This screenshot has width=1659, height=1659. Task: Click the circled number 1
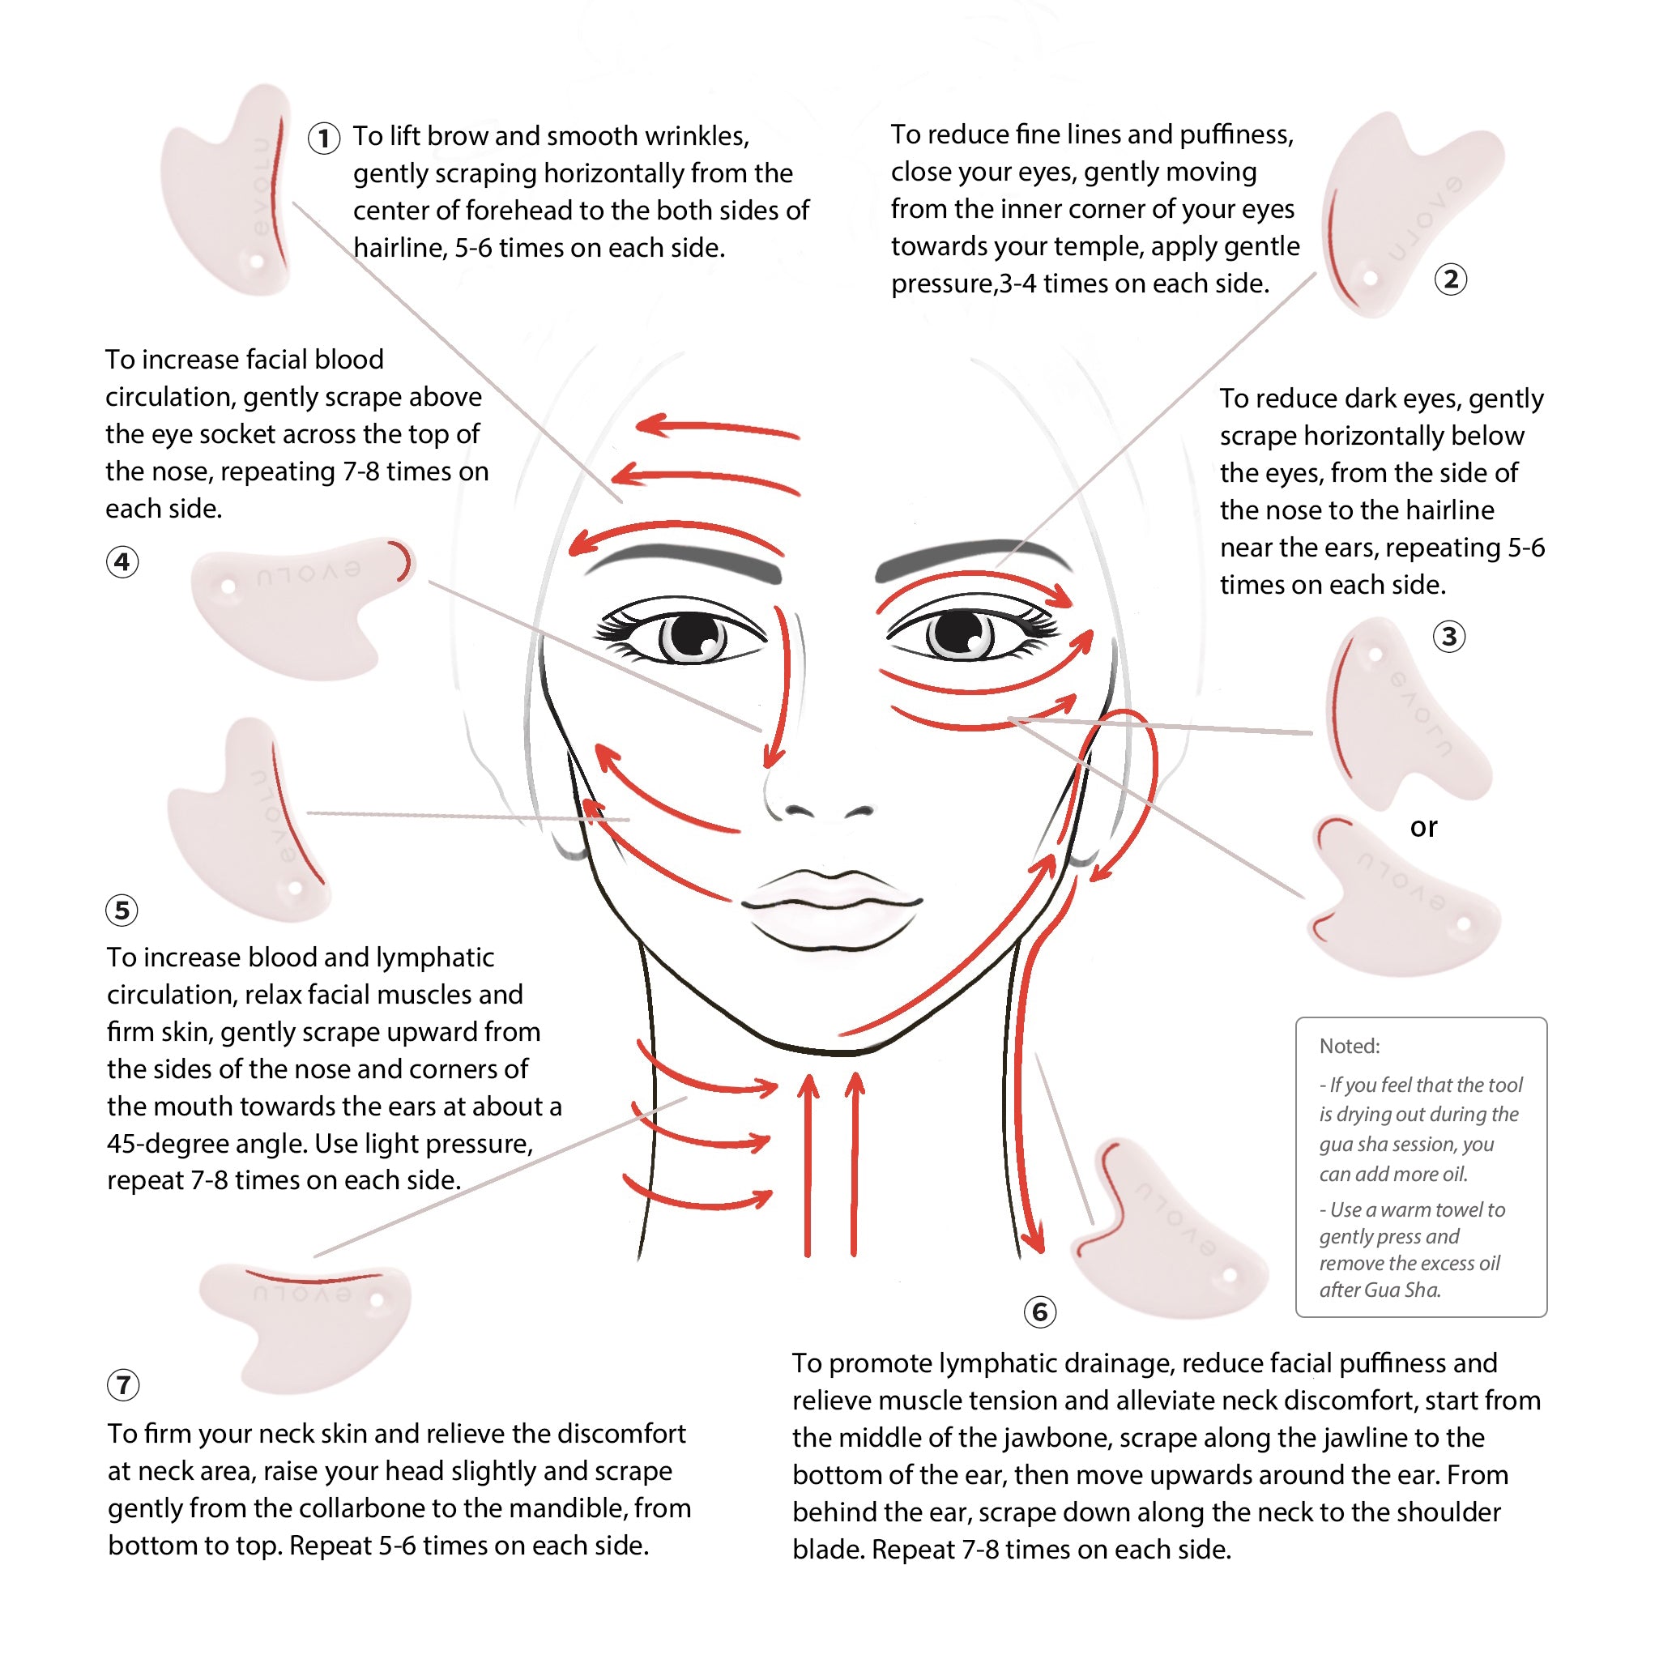[x=324, y=139]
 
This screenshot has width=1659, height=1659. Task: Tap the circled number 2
[x=1450, y=279]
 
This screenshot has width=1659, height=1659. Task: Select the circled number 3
[x=1449, y=636]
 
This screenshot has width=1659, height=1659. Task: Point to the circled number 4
[x=123, y=561]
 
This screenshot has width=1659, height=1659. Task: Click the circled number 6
[x=1040, y=1311]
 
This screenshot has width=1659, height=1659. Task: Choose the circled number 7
[x=124, y=1384]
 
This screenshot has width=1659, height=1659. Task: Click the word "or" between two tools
[x=1422, y=828]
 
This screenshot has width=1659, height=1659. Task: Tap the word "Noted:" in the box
[x=1350, y=1046]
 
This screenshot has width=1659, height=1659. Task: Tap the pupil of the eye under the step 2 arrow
[x=955, y=633]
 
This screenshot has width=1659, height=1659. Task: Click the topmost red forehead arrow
[x=718, y=428]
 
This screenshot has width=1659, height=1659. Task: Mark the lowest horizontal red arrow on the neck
[x=697, y=1196]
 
